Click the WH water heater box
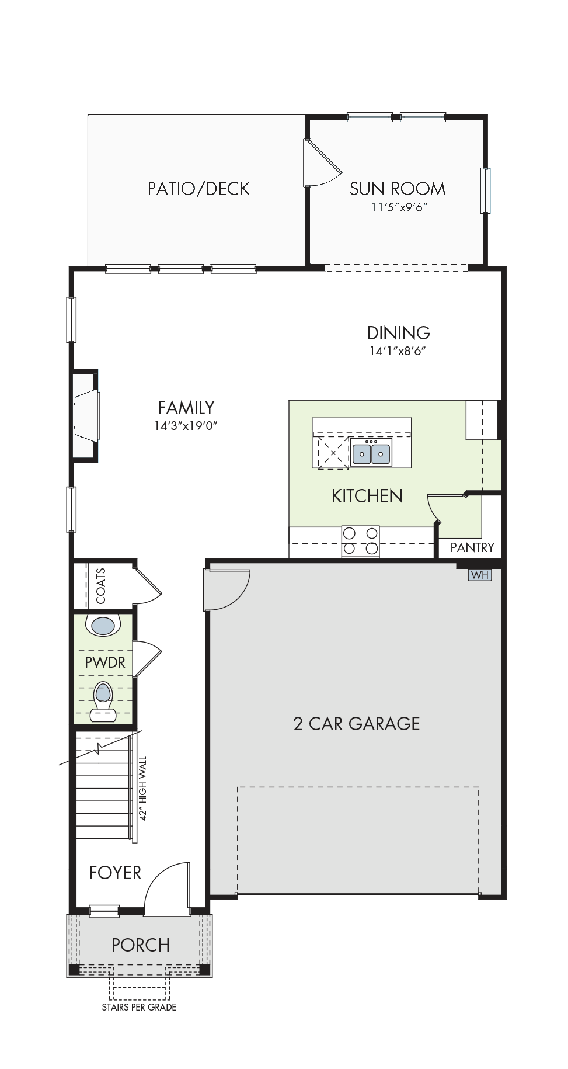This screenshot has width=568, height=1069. point(480,575)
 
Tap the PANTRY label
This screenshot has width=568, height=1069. point(472,547)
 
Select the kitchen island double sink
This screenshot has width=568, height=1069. point(371,453)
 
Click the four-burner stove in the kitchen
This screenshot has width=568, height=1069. point(360,541)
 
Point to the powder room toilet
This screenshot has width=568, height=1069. point(103,701)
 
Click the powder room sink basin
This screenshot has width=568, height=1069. point(103,626)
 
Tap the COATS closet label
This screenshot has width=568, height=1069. point(101,586)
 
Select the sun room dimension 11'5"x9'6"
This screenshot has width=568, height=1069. point(399,207)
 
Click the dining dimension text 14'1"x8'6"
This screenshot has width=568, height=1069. point(398,351)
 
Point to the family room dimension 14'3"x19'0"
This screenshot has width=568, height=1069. point(186,426)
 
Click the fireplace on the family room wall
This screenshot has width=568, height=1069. point(85,415)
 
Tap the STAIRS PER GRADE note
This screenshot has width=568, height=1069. point(139,1007)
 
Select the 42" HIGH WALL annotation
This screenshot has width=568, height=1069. point(143,789)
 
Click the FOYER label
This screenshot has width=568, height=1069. point(115,873)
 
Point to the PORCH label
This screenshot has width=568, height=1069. point(141,945)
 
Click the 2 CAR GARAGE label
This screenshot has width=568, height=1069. point(357,724)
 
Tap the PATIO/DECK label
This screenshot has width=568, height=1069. point(198,189)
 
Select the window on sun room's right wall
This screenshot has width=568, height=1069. point(486,190)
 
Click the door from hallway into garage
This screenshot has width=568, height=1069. point(226,590)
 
